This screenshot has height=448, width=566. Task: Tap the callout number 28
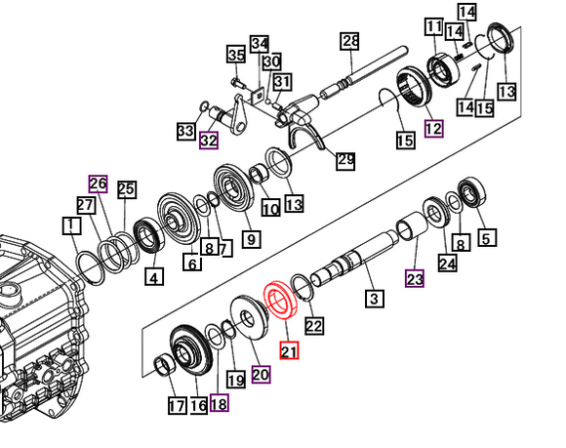[x=350, y=41]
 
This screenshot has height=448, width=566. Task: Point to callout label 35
[x=236, y=53]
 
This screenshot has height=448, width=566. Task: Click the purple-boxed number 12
[x=433, y=127]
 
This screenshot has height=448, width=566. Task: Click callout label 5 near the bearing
[x=485, y=235]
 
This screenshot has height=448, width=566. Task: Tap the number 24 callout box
[x=447, y=263]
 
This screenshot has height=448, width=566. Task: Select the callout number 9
[x=251, y=238]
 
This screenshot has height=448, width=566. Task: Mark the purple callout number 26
[x=97, y=183]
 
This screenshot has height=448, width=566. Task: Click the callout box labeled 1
[x=70, y=226]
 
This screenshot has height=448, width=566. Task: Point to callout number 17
[x=176, y=405]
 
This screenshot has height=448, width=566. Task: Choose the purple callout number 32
[x=209, y=140]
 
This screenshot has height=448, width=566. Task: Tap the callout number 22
[x=314, y=326]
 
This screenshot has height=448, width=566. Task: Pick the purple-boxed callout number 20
[x=261, y=373]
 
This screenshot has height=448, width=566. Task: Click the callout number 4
[x=152, y=277]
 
